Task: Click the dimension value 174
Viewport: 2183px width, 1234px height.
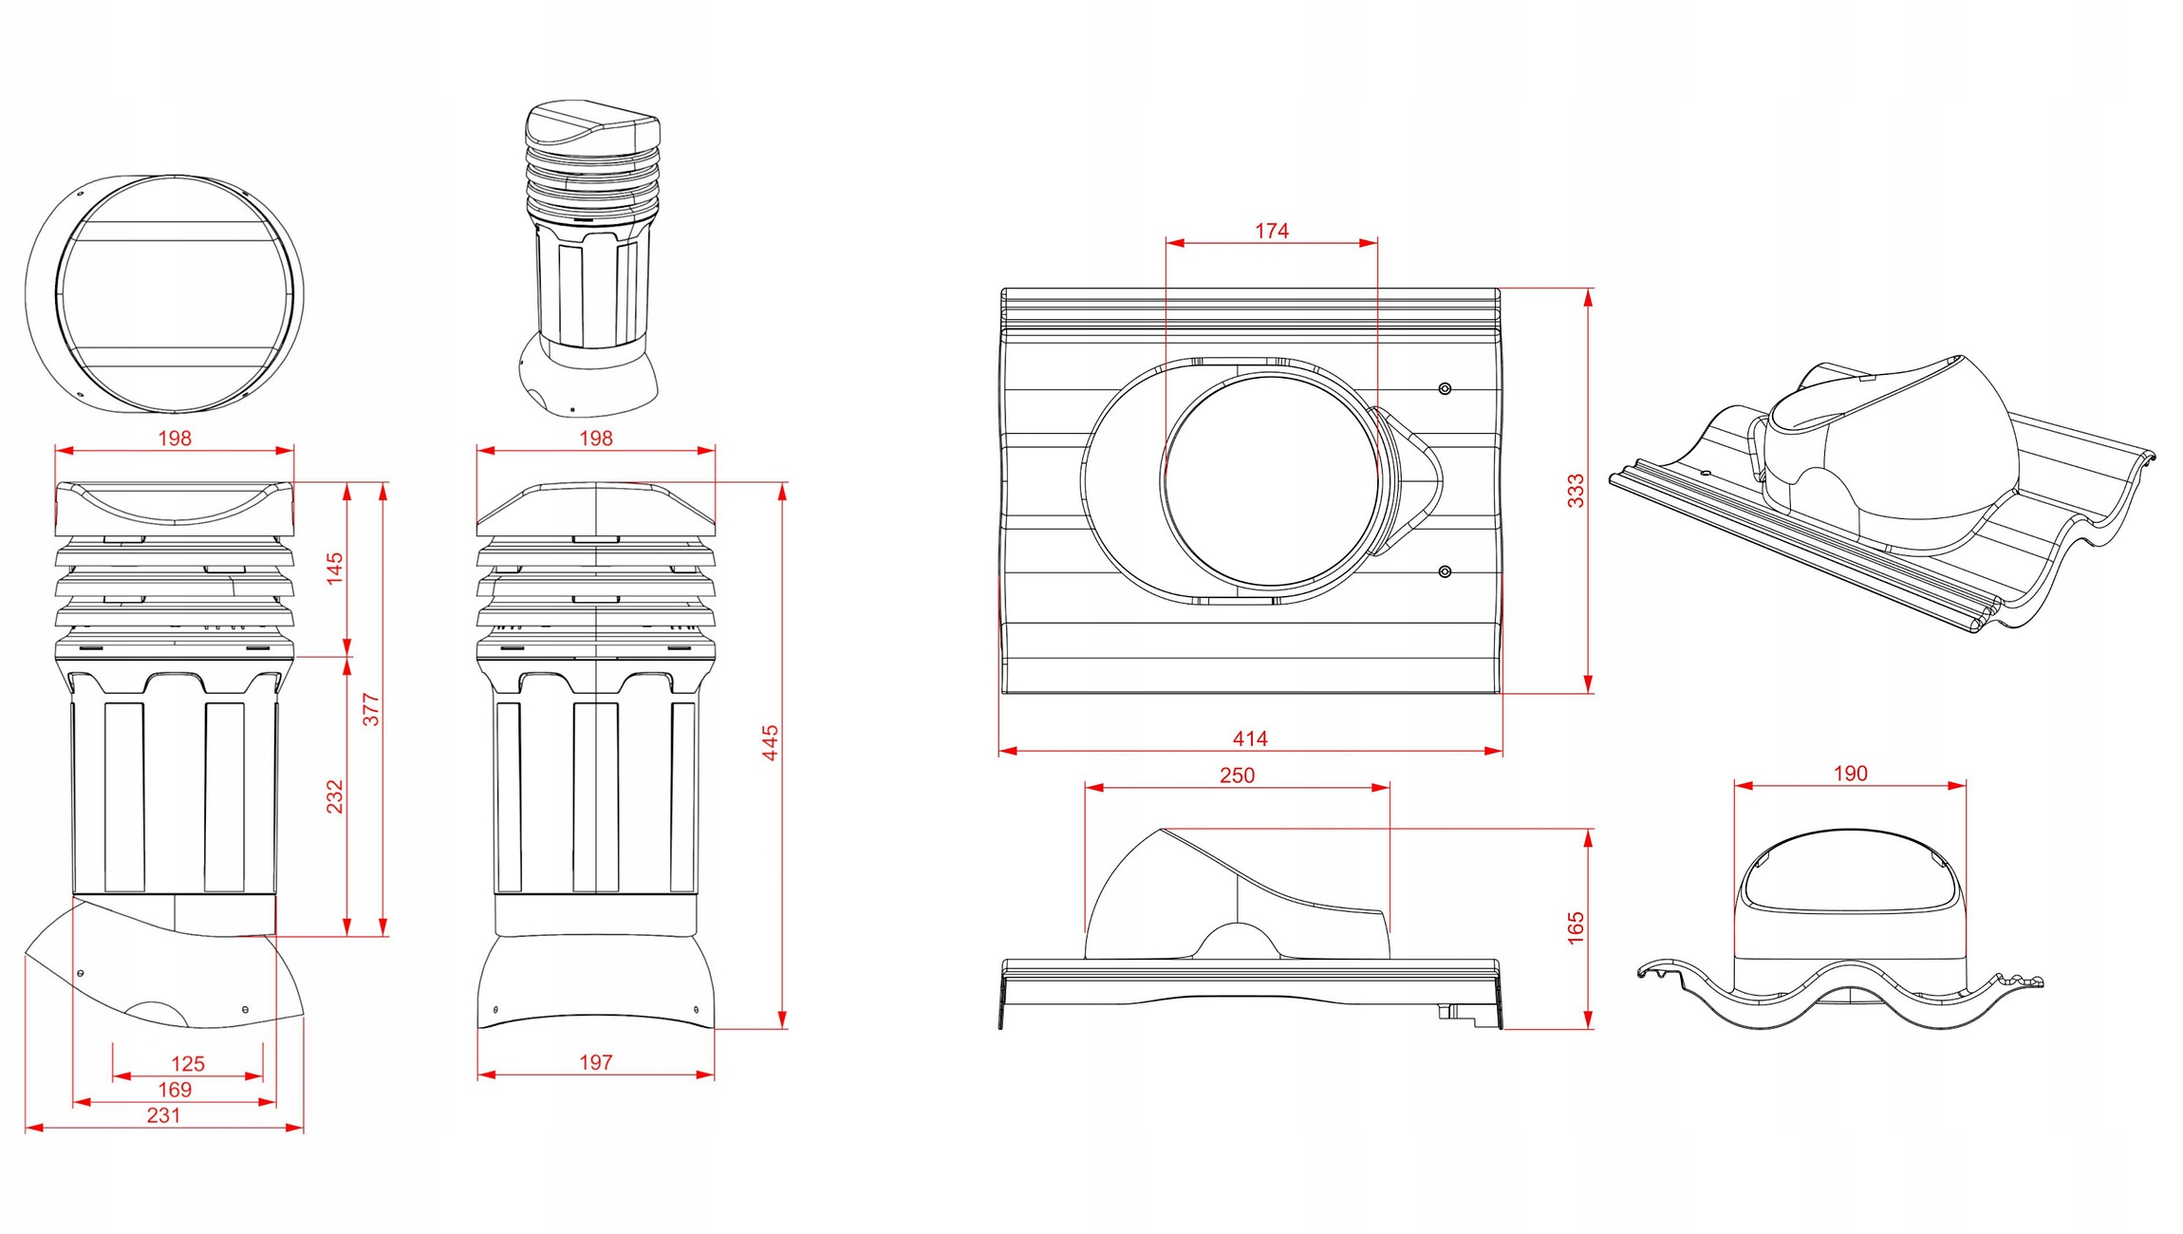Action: [x=1271, y=231]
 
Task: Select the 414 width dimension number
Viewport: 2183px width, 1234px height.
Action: [x=1250, y=739]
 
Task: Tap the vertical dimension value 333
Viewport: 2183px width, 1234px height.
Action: [x=1576, y=491]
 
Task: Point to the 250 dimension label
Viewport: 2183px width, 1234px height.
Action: [x=1237, y=776]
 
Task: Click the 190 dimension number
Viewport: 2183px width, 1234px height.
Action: [x=1850, y=774]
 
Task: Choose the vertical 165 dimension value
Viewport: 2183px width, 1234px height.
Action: [x=1576, y=927]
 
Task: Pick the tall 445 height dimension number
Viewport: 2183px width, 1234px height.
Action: [x=771, y=742]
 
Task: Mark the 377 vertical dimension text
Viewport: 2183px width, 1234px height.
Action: [x=371, y=709]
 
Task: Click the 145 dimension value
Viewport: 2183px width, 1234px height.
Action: [x=334, y=568]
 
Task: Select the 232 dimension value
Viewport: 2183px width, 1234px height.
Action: [x=334, y=796]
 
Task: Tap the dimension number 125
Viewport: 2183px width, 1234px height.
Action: [x=188, y=1064]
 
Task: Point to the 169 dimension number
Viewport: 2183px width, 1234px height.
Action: [x=175, y=1090]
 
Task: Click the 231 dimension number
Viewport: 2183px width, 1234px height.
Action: [x=163, y=1115]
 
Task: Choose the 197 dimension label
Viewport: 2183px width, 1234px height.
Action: [x=596, y=1063]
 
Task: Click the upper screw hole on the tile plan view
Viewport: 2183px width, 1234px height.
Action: [x=1445, y=388]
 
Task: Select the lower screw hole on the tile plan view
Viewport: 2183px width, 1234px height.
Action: [x=1445, y=571]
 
